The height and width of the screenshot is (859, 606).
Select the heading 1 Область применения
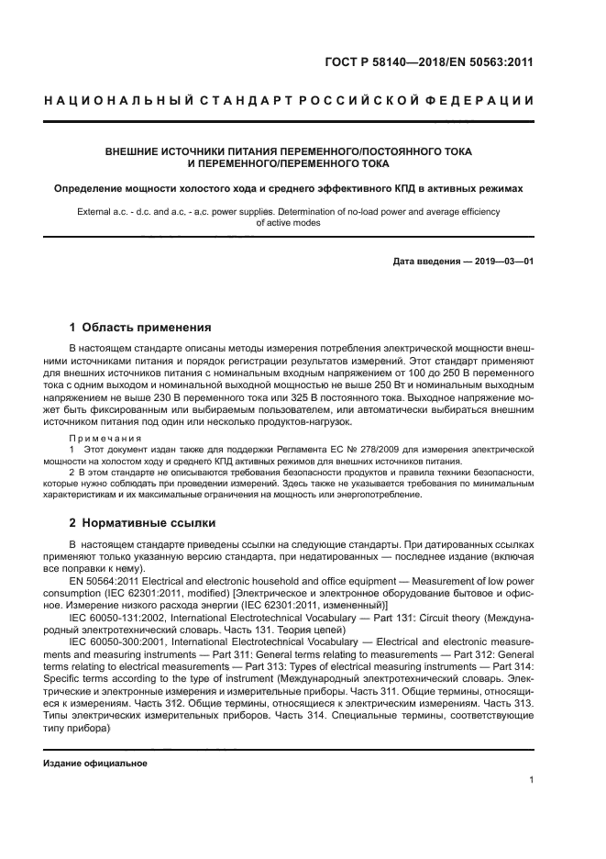click(x=141, y=327)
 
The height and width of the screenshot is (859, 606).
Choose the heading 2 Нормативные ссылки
click(x=143, y=523)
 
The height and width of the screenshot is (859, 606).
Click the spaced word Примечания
click(x=102, y=438)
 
